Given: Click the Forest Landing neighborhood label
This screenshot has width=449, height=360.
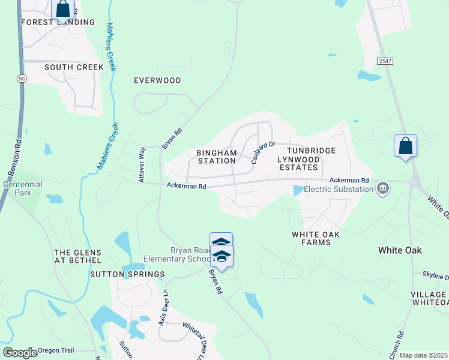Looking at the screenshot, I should (x=58, y=22).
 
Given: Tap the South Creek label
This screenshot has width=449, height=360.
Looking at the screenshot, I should (x=74, y=67).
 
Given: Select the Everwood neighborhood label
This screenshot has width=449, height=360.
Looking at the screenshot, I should (x=157, y=80).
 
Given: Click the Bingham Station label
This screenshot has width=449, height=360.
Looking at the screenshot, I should (x=217, y=157).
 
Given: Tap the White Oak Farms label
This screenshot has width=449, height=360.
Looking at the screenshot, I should (x=311, y=238).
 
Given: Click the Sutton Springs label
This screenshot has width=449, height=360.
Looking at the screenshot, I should (x=127, y=274).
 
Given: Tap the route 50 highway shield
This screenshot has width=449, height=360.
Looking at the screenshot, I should (x=22, y=79).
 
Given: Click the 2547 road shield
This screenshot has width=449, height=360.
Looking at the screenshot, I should (x=385, y=62).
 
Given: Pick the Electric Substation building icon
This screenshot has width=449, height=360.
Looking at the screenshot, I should (x=382, y=190).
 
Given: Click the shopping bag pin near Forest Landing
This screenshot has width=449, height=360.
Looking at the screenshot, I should (x=63, y=10).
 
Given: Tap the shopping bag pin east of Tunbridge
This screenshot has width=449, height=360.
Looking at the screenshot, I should (x=405, y=146).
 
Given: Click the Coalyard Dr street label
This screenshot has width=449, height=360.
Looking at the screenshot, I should (x=262, y=152).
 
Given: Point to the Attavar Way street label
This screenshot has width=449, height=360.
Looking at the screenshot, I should (x=142, y=165).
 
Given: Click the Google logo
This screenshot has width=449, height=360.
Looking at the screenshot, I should (x=19, y=353).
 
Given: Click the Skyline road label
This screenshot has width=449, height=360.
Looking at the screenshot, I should (x=436, y=275).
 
